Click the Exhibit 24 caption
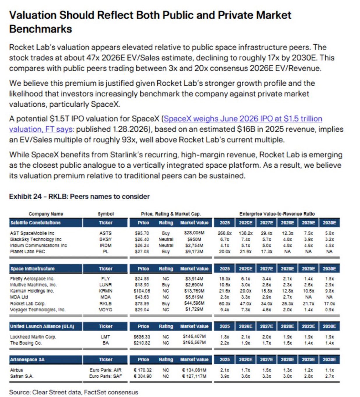(79, 196)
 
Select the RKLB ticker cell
(105, 303)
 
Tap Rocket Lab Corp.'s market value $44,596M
(194, 303)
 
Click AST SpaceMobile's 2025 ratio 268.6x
(225, 233)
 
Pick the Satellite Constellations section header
(36, 223)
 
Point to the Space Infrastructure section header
(33, 269)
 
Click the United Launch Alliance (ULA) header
(42, 326)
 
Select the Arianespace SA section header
(27, 360)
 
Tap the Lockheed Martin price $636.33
(142, 337)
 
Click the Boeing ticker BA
(105, 343)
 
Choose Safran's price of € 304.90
(143, 376)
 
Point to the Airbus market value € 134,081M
(194, 370)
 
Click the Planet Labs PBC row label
(27, 252)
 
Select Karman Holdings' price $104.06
(142, 291)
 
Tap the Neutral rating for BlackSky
(166, 239)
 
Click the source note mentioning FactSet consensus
(73, 392)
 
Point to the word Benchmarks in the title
(40, 29)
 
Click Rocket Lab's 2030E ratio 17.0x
(329, 303)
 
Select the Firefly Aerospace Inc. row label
(32, 279)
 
